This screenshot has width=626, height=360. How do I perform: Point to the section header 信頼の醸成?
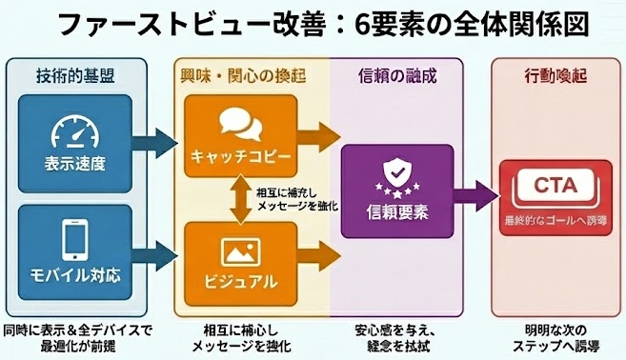[394, 74]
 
